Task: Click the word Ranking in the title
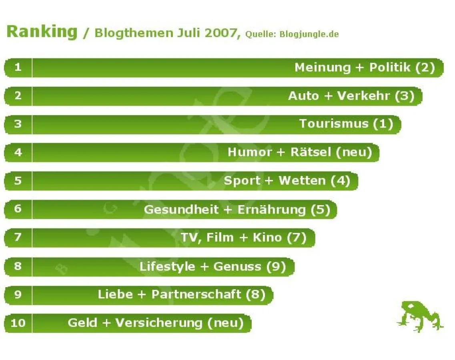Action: pyautogui.click(x=42, y=32)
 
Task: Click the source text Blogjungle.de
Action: pyautogui.click(x=309, y=34)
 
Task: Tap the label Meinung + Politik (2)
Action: pyautogui.click(x=365, y=68)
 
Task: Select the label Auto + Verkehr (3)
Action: pyautogui.click(x=351, y=96)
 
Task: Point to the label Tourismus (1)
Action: pyautogui.click(x=346, y=124)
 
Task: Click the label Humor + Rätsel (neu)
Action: pyautogui.click(x=300, y=152)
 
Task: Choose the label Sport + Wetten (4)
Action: pyautogui.click(x=287, y=181)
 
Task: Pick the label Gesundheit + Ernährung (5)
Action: pyautogui.click(x=237, y=210)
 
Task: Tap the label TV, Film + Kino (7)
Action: pyautogui.click(x=243, y=238)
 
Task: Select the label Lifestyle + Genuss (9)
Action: pyautogui.click(x=212, y=266)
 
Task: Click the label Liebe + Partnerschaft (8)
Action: pyautogui.click(x=181, y=295)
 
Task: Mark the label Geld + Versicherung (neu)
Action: pyautogui.click(x=155, y=323)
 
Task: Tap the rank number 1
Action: pyautogui.click(x=18, y=68)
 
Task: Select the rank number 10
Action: pyautogui.click(x=18, y=323)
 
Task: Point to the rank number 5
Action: pyautogui.click(x=18, y=181)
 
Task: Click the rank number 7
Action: pyautogui.click(x=18, y=238)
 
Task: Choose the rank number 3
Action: pyautogui.click(x=18, y=124)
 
